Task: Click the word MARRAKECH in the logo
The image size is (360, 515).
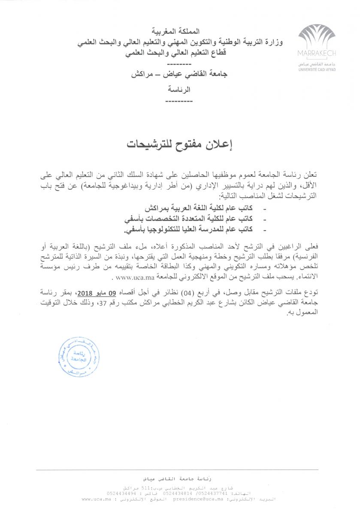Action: click(x=316, y=53)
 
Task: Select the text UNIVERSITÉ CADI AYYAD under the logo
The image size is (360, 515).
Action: click(x=316, y=68)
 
